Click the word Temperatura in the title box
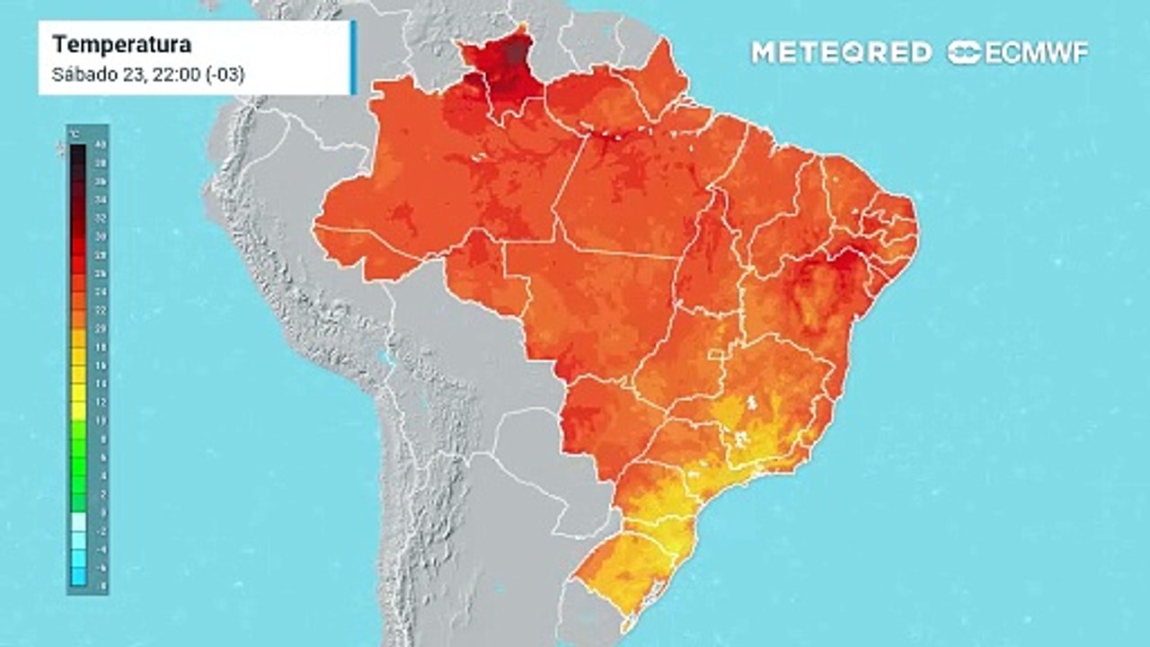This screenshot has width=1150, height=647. tap(121, 45)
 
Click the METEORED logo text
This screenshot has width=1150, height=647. tap(841, 52)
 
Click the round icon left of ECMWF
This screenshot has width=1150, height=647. tap(964, 52)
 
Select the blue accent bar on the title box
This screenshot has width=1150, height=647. tap(353, 58)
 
